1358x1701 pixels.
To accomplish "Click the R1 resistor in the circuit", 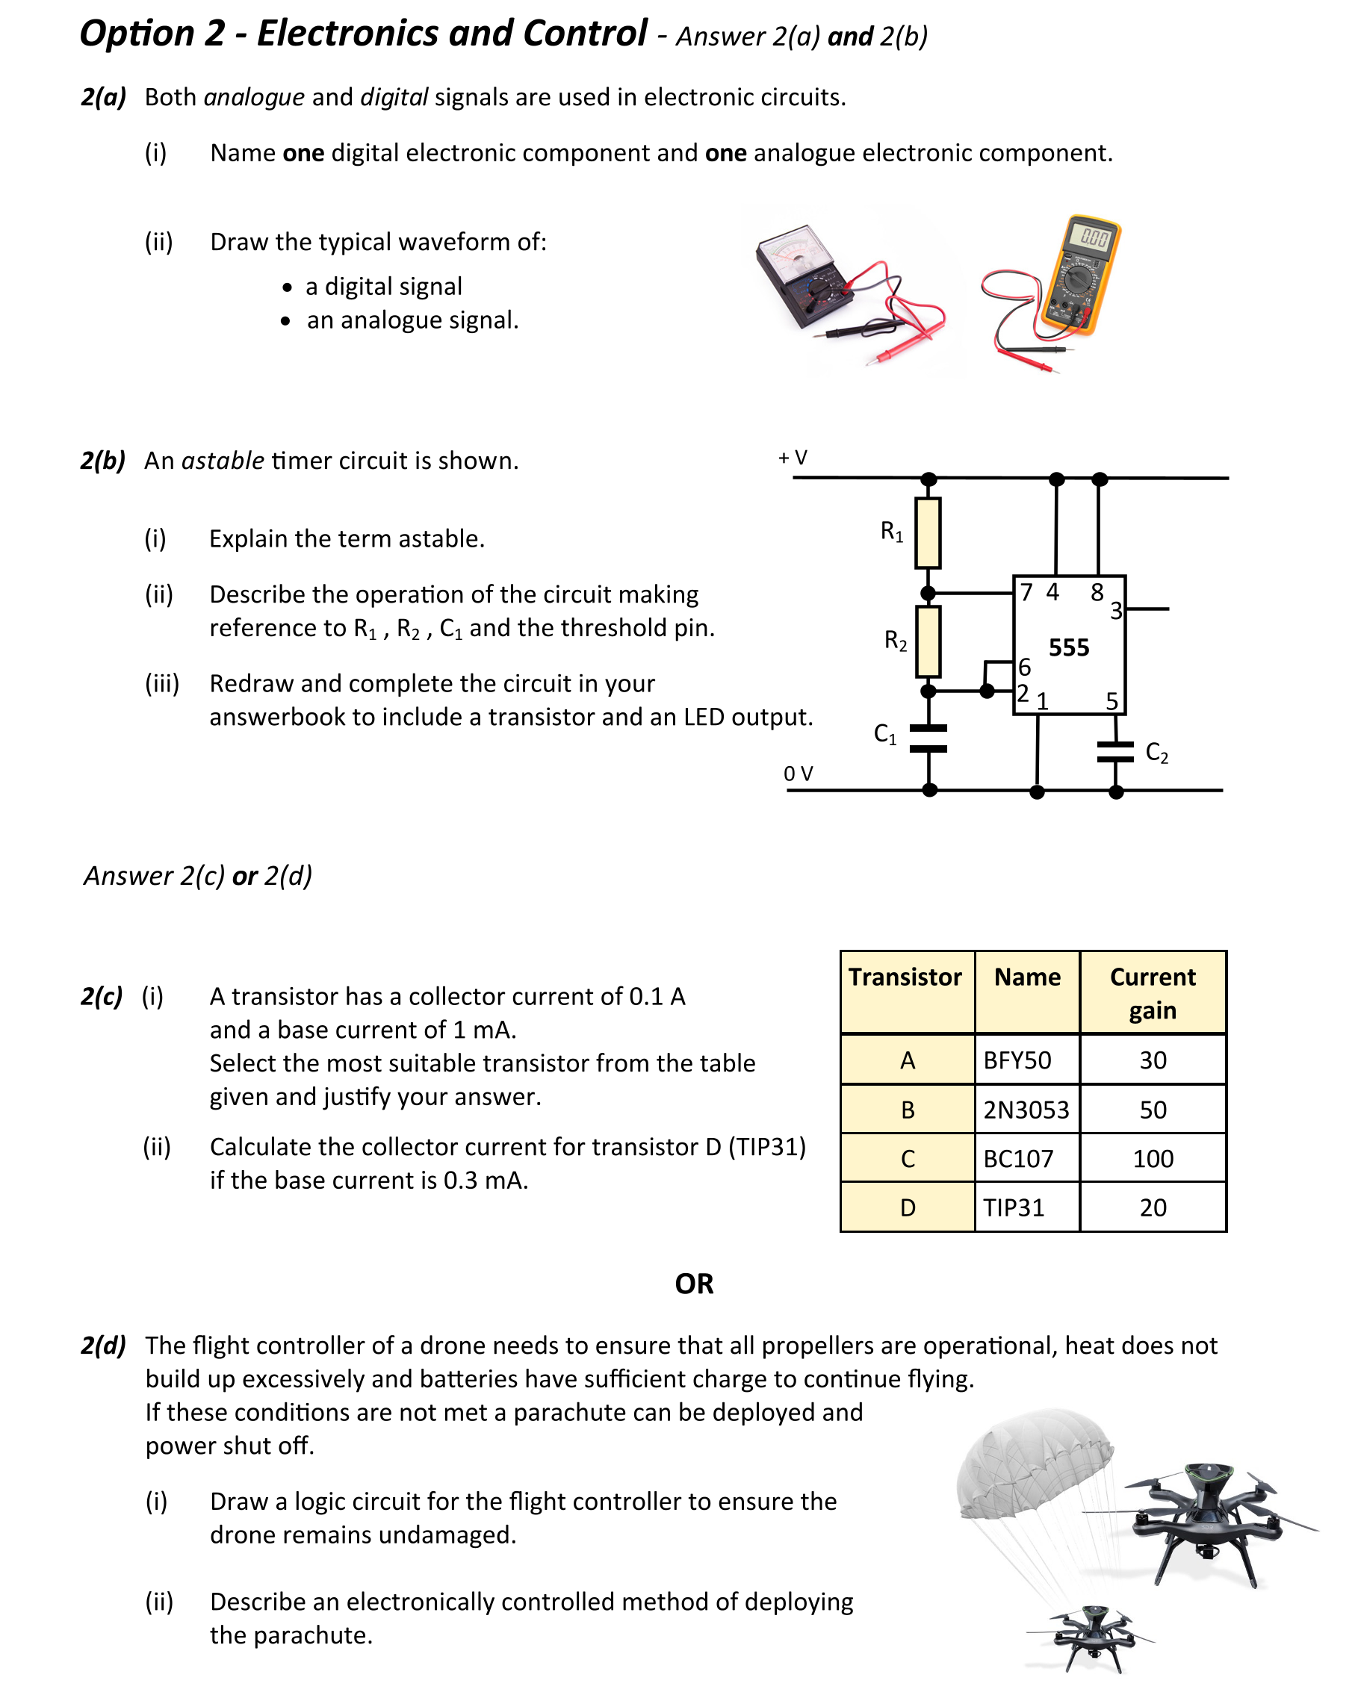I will tap(927, 532).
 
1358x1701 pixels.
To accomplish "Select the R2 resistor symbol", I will tap(927, 641).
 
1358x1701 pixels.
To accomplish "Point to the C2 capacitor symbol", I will tap(1115, 751).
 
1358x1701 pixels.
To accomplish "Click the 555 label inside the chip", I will tap(1068, 647).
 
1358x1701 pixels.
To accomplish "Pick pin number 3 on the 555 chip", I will tap(1116, 611).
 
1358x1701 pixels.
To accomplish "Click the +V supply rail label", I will tap(793, 458).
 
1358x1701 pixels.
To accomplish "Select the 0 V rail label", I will tap(798, 773).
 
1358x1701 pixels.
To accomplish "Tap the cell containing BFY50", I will tap(1026, 1060).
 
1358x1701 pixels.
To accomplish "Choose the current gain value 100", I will tap(1152, 1158).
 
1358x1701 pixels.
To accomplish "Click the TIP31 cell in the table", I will tap(1026, 1207).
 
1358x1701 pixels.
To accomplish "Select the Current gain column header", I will tap(1152, 992).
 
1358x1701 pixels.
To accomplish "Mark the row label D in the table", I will tap(908, 1207).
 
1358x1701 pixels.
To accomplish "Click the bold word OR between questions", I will tap(694, 1284).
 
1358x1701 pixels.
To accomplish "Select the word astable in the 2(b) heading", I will tap(223, 460).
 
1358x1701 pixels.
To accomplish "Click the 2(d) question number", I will tap(103, 1345).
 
